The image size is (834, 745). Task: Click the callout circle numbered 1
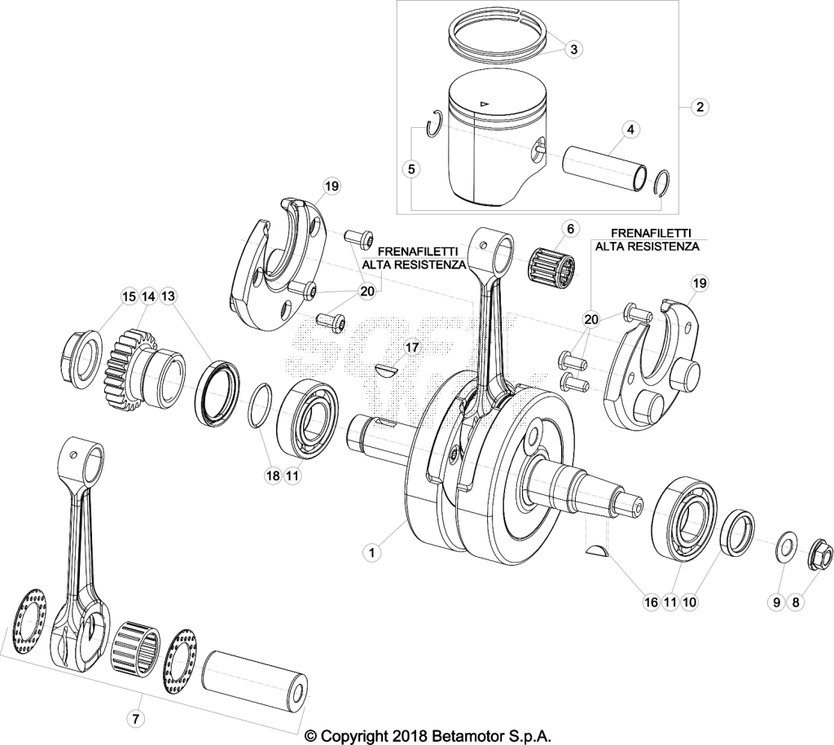coord(371,553)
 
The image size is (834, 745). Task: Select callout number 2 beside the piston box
coord(700,107)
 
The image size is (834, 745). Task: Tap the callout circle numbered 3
coord(573,50)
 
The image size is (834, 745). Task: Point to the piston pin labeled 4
coord(605,164)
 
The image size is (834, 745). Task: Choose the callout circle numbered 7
coord(135,720)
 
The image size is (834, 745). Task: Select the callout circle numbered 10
coord(689,602)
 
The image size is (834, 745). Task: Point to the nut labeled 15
coord(80,358)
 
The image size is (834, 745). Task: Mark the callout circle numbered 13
coord(168,296)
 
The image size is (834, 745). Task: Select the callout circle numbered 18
coord(272,475)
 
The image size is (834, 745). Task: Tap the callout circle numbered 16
coord(651,602)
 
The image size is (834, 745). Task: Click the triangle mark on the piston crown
coord(484,103)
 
